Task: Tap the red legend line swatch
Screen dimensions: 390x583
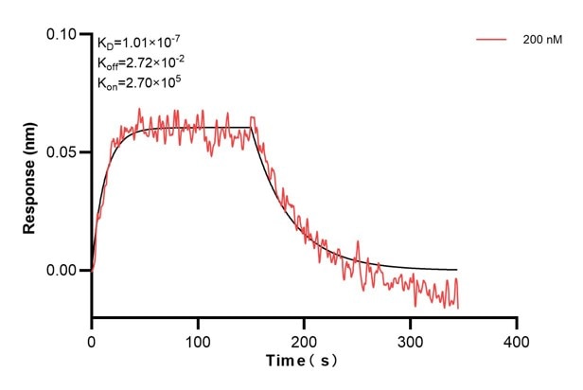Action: tap(492, 40)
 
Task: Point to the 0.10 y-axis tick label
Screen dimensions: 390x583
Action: tap(65, 34)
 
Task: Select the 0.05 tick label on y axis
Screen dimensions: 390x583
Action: tap(65, 152)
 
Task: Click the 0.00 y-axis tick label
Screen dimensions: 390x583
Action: tap(65, 271)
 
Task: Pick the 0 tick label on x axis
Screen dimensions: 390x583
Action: tap(92, 338)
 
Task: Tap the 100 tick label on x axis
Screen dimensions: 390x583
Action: tap(198, 338)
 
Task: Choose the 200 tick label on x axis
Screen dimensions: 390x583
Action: tap(304, 338)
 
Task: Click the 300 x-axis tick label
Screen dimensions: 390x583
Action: tap(410, 338)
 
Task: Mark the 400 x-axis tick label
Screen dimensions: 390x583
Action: tap(516, 338)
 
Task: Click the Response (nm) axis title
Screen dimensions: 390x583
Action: tap(30, 175)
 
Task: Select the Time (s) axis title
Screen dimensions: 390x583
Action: tap(302, 361)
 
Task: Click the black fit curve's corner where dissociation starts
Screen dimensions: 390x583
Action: tap(252, 128)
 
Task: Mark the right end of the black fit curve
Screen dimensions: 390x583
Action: tap(457, 270)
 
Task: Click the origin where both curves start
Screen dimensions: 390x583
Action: tap(92, 270)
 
